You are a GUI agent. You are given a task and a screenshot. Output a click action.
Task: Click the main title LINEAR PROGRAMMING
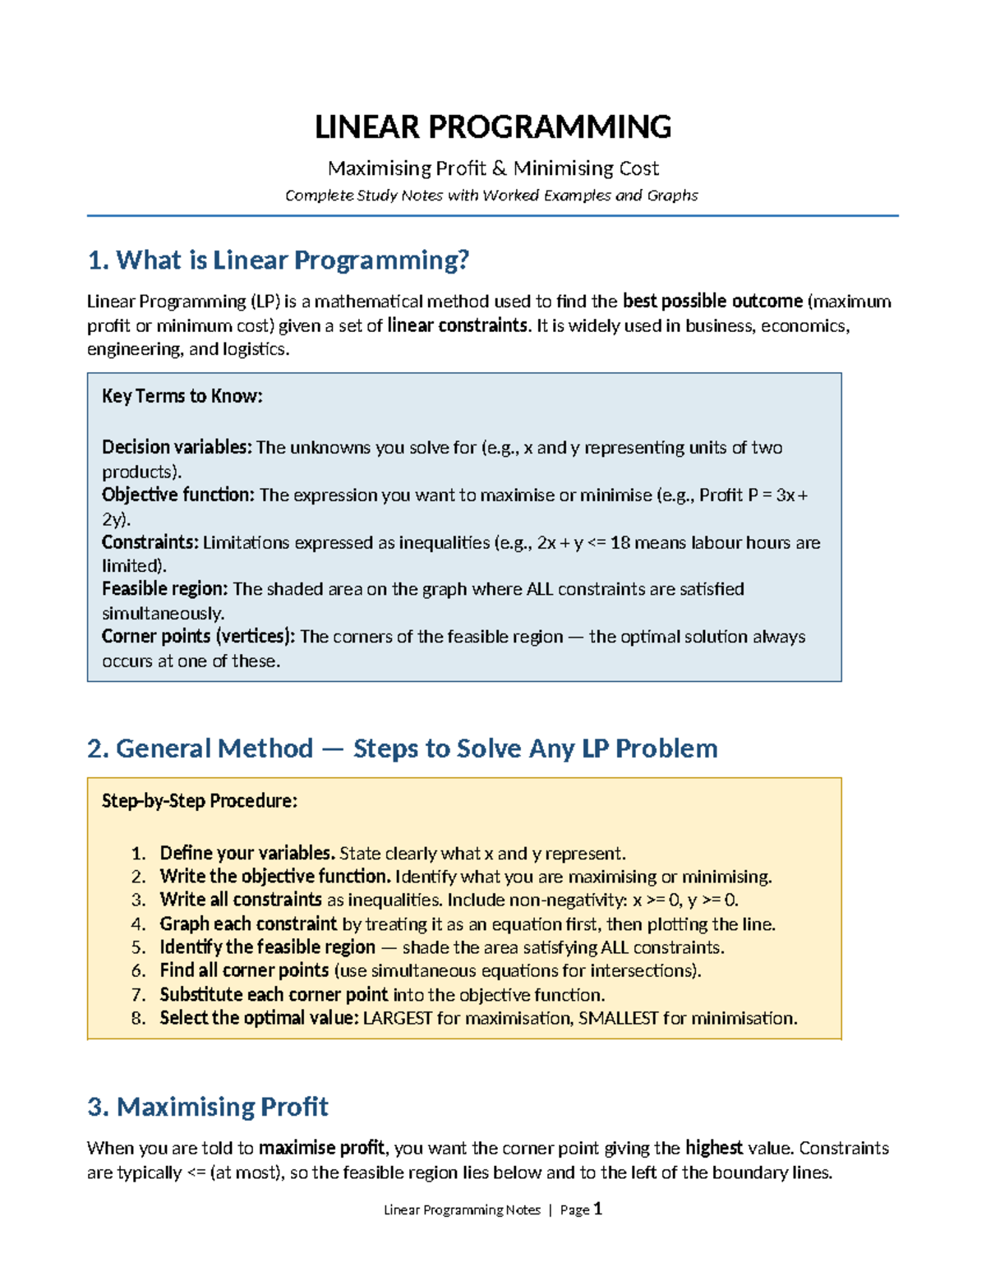pos(493,127)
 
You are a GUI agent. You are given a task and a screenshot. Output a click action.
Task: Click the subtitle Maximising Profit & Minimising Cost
pos(493,168)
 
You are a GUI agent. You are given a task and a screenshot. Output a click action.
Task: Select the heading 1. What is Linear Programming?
pos(278,260)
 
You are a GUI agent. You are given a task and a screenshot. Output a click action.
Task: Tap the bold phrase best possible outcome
pos(712,301)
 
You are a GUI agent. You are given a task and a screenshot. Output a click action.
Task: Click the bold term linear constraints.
pos(458,325)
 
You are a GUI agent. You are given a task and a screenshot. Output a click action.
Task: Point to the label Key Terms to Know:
pos(182,396)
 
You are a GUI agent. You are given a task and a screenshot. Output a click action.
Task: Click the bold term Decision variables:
pos(176,447)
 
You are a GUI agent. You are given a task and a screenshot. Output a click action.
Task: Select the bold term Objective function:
pos(177,495)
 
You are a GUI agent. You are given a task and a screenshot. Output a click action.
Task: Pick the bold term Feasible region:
pos(164,589)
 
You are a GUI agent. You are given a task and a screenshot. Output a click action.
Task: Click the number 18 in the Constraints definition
pos(620,542)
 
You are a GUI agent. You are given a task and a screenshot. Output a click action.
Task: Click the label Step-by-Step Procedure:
pos(199,801)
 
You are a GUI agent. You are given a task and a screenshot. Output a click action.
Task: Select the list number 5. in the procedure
pos(138,947)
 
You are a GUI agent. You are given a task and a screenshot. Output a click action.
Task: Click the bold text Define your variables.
pos(246,853)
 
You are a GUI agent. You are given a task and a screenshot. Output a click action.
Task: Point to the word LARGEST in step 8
pos(398,1018)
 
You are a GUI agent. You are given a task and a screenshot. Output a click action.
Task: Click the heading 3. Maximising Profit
pos(207,1107)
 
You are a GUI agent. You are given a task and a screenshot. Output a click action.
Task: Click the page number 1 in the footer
pos(597,1209)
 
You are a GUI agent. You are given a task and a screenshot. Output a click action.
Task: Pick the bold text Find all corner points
pos(244,970)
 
